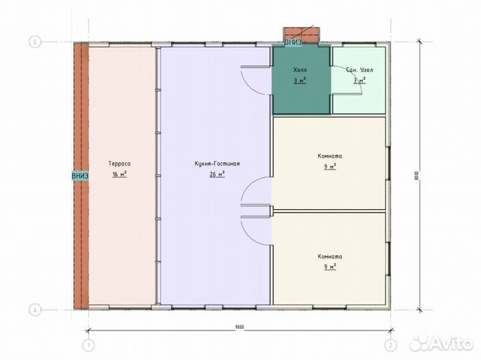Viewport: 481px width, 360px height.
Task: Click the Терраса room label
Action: point(120,164)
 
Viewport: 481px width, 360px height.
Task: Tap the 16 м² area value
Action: point(120,174)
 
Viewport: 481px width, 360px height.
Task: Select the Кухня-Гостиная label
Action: point(217,164)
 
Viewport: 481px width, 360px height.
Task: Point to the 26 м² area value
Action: point(217,174)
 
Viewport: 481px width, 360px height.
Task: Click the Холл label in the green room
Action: point(300,70)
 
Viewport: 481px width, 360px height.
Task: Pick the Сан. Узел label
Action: point(359,70)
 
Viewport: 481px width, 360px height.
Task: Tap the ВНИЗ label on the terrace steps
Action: point(80,176)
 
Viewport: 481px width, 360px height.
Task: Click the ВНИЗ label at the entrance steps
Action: point(293,42)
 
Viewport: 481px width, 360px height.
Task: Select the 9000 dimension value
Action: point(240,327)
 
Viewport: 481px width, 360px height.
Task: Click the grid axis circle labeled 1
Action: point(89,345)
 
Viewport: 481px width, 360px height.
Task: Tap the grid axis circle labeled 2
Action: point(391,345)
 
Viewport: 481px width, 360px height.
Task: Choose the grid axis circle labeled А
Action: point(35,310)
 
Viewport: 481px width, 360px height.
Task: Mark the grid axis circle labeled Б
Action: point(35,42)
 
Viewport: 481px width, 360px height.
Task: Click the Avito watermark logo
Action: point(442,343)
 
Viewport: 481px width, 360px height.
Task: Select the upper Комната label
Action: point(330,156)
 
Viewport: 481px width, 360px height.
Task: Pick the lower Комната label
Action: point(330,256)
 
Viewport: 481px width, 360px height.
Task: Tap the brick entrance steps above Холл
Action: point(301,34)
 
